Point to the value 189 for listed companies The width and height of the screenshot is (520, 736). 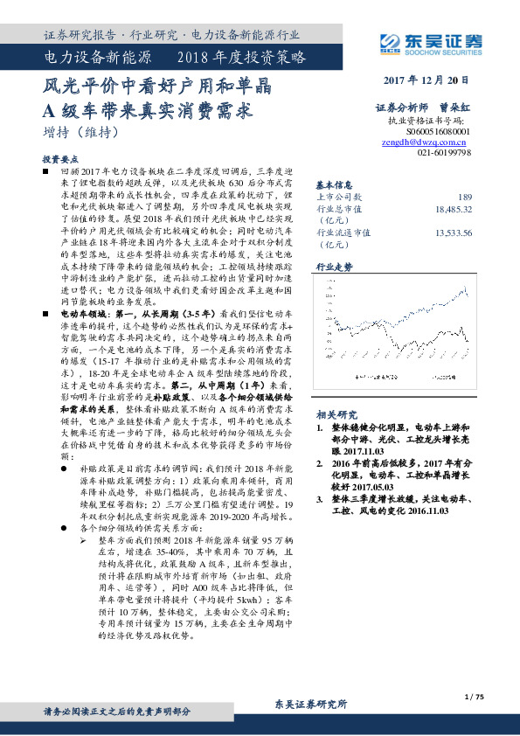[465, 197]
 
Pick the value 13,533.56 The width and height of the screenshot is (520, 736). [454, 233]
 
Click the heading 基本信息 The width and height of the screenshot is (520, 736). [334, 185]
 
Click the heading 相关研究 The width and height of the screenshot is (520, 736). [334, 414]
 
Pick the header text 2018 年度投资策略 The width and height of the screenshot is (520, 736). [242, 59]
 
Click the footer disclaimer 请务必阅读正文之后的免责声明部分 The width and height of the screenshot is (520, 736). [117, 712]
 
